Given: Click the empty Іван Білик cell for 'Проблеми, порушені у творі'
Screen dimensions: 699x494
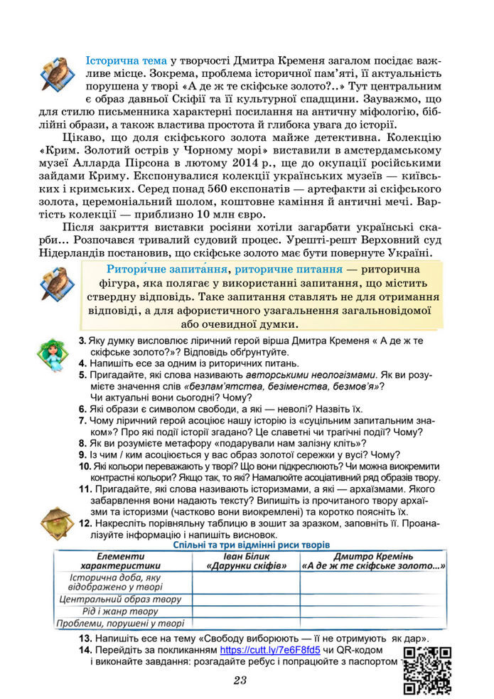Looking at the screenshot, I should (x=246, y=624).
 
